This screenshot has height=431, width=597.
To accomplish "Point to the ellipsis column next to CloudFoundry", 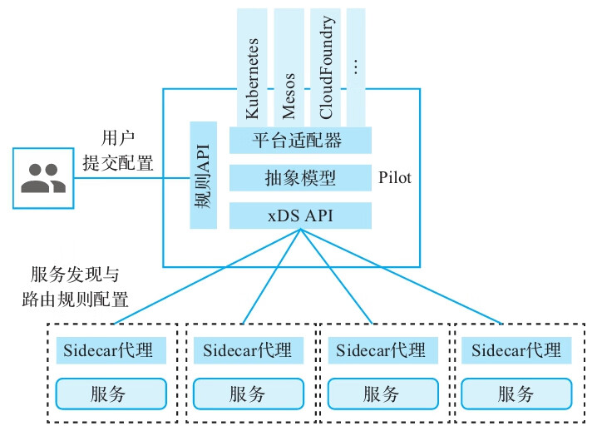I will tap(356, 67).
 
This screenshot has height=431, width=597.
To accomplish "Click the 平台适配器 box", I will tap(300, 140).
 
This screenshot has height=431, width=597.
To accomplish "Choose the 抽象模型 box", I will tap(300, 178).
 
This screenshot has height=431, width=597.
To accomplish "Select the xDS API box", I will tap(300, 215).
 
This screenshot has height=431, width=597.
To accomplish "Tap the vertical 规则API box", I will tap(203, 176).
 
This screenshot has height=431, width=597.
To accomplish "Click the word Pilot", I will tap(395, 178).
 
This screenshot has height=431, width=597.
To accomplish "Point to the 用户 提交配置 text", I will tap(117, 150).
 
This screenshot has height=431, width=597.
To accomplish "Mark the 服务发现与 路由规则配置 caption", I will tap(79, 287).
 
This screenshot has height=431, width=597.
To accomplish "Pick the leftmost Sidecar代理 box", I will tap(111, 350).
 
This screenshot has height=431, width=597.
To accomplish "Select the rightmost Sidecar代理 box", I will tap(516, 350).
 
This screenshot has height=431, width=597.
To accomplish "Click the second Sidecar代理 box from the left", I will tap(247, 350).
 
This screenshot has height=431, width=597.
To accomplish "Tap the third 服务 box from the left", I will tap(382, 394).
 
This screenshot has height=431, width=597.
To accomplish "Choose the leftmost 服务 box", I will tap(111, 394).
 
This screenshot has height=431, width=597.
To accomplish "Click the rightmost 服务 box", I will tap(516, 394).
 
